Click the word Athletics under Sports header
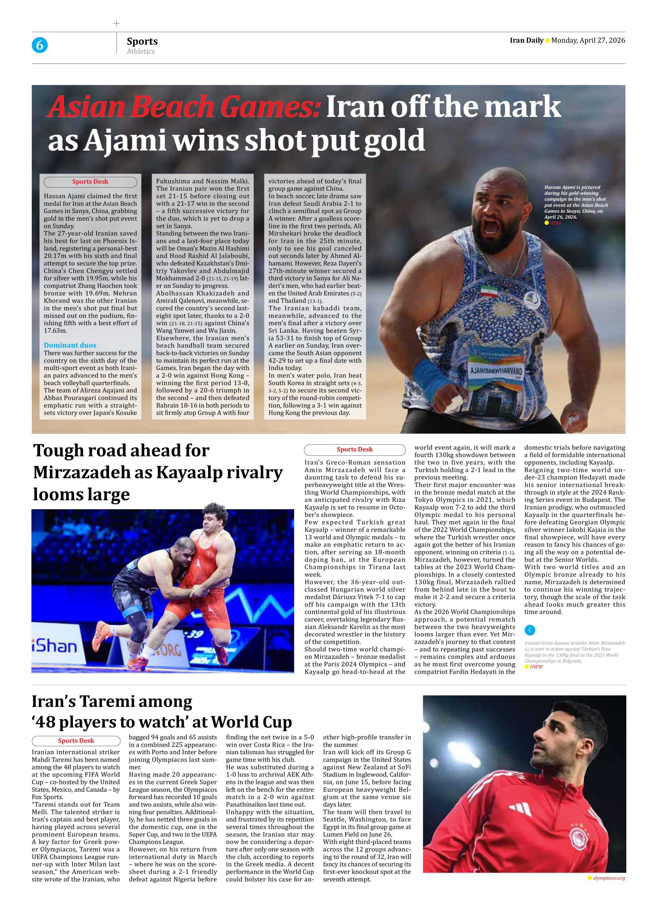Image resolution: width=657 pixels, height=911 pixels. coord(141,51)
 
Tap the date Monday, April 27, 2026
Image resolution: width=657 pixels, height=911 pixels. coord(588,40)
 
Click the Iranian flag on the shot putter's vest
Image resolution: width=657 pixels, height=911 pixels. coord(488,291)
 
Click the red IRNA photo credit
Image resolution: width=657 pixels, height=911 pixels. coord(555,223)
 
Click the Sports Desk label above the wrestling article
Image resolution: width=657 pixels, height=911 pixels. coord(355,449)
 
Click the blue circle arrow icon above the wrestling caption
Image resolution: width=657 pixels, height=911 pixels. coord(530,630)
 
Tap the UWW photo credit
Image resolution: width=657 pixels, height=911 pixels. coord(536,667)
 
